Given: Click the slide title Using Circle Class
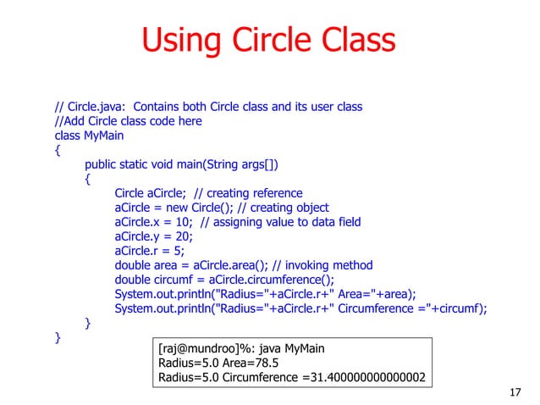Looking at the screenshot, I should tap(268, 41).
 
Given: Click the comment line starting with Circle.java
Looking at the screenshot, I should tap(208, 107).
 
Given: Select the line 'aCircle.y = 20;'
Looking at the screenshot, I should tap(148, 236).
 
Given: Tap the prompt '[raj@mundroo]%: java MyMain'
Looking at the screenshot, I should tap(240, 347).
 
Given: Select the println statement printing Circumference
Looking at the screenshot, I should tap(300, 308).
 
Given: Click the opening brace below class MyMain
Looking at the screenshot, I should tap(58, 150).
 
